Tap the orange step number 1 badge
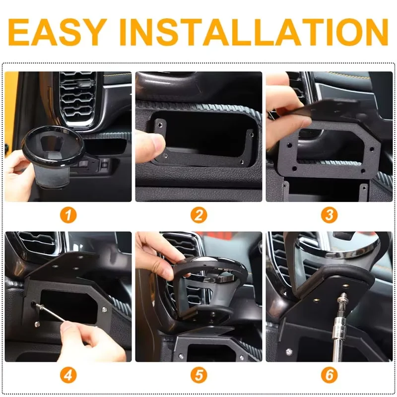[x=69, y=215]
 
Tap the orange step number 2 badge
[x=198, y=215]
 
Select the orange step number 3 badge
[x=329, y=215]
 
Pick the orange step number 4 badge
[x=69, y=375]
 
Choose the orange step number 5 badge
[x=198, y=375]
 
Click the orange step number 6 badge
[x=329, y=375]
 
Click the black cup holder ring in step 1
[x=49, y=147]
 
